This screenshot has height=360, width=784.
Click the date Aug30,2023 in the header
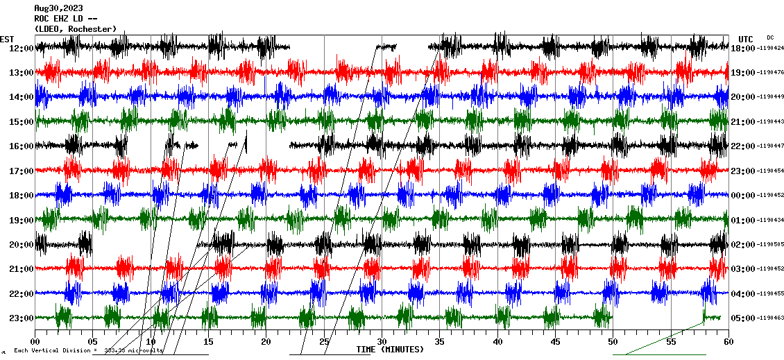(58, 8)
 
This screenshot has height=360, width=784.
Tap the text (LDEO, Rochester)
(75, 28)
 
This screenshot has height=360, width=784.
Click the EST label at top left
(7, 39)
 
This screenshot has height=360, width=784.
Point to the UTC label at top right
(746, 39)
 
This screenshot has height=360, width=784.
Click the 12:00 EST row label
(22, 48)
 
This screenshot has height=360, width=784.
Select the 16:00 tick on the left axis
(22, 146)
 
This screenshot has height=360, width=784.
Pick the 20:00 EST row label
(22, 244)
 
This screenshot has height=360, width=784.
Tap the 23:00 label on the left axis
(22, 318)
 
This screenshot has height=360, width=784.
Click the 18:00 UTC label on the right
(743, 48)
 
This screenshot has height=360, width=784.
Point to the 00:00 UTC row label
(743, 196)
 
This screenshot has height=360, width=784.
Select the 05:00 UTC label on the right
(743, 318)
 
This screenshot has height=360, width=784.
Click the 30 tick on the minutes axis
(382, 341)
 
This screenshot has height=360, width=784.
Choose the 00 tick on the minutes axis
(35, 341)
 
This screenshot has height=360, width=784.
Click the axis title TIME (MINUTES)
(390, 350)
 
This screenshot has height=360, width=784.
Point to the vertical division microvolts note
(88, 350)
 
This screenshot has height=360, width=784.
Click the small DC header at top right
(770, 37)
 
